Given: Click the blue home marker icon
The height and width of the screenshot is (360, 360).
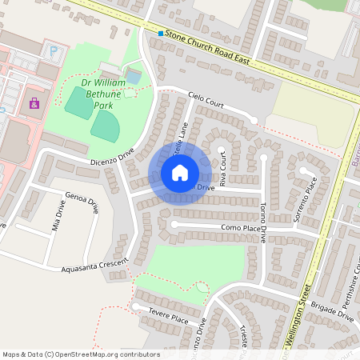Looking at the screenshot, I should pos(180,173).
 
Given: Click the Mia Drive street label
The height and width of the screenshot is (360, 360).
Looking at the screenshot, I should pos(59,214).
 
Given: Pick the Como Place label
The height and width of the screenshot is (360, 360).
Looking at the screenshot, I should pos(242,229).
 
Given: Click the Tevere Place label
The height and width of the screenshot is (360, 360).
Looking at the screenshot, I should pos(168,318).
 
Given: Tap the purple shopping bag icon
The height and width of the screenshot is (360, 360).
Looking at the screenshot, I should pos(34,102).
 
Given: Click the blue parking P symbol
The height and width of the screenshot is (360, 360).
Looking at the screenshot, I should pos(54,50).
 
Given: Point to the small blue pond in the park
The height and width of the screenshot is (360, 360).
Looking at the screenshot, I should pos(134,77).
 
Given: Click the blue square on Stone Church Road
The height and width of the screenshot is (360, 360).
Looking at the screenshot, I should pos(161,34).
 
